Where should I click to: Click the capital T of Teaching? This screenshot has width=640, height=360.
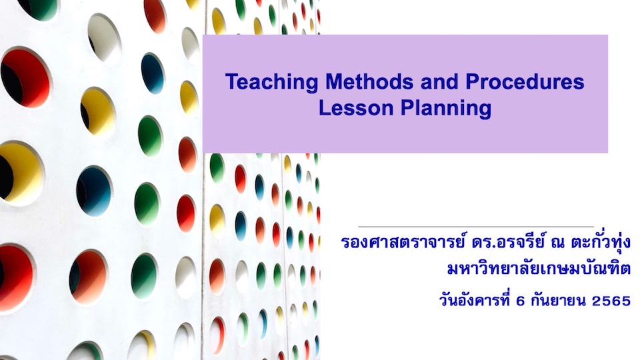pos(231,83)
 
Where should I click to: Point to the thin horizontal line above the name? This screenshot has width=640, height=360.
pos(475,227)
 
